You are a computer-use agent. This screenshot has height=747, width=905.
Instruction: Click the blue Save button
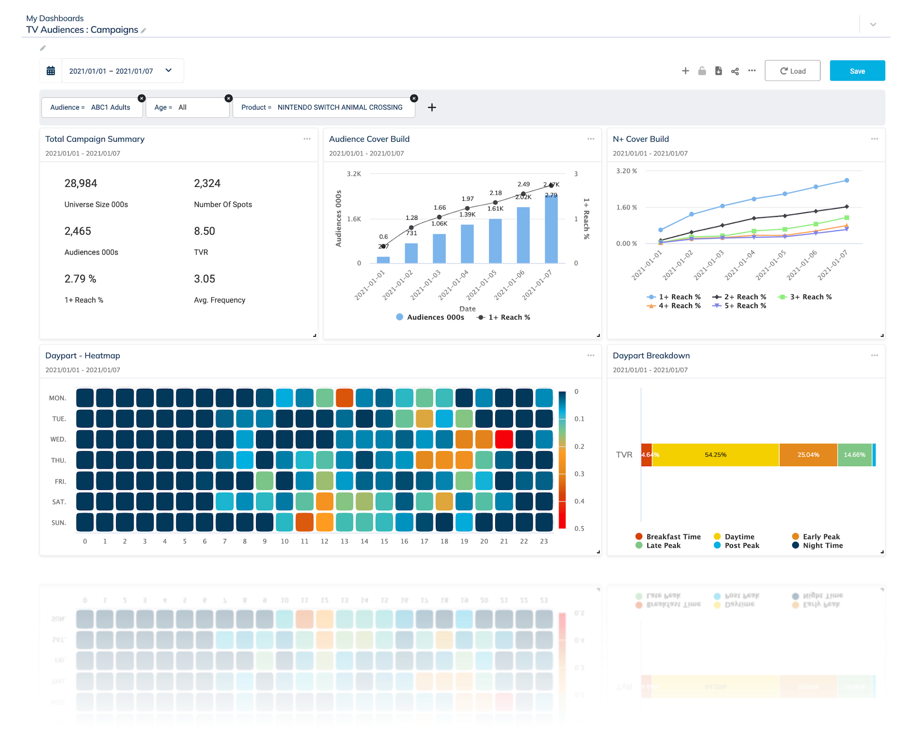(x=857, y=71)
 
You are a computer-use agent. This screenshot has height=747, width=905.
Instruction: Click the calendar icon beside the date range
(x=51, y=71)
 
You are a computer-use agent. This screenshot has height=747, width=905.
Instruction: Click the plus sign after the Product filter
(x=432, y=107)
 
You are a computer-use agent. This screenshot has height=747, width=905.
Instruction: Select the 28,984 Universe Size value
(x=81, y=184)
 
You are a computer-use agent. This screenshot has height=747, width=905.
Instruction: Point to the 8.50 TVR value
(x=204, y=231)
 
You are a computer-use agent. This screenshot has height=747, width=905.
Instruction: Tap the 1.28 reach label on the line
(x=411, y=218)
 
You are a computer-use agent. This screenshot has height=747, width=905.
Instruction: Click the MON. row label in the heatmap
(x=58, y=398)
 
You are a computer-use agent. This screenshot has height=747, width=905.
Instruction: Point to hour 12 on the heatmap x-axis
(x=324, y=541)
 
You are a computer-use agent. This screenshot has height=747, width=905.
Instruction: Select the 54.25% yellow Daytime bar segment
(x=715, y=455)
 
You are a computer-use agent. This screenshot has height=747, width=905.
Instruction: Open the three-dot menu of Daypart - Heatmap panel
(x=590, y=355)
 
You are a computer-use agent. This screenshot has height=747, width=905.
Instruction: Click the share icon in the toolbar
(x=735, y=71)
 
